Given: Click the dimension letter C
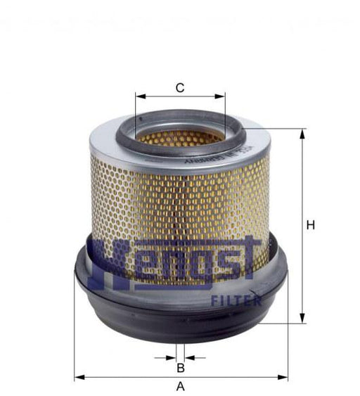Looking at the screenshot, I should pyautogui.click(x=180, y=88).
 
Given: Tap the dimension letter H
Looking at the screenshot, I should pyautogui.click(x=309, y=225).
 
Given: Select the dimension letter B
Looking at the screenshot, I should pyautogui.click(x=180, y=367).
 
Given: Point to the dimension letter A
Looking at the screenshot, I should pyautogui.click(x=180, y=386).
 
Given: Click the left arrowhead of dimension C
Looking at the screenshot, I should pyautogui.click(x=139, y=97).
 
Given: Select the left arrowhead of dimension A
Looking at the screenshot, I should pyautogui.click(x=78, y=378).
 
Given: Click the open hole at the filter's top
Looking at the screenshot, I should pyautogui.click(x=180, y=136).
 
